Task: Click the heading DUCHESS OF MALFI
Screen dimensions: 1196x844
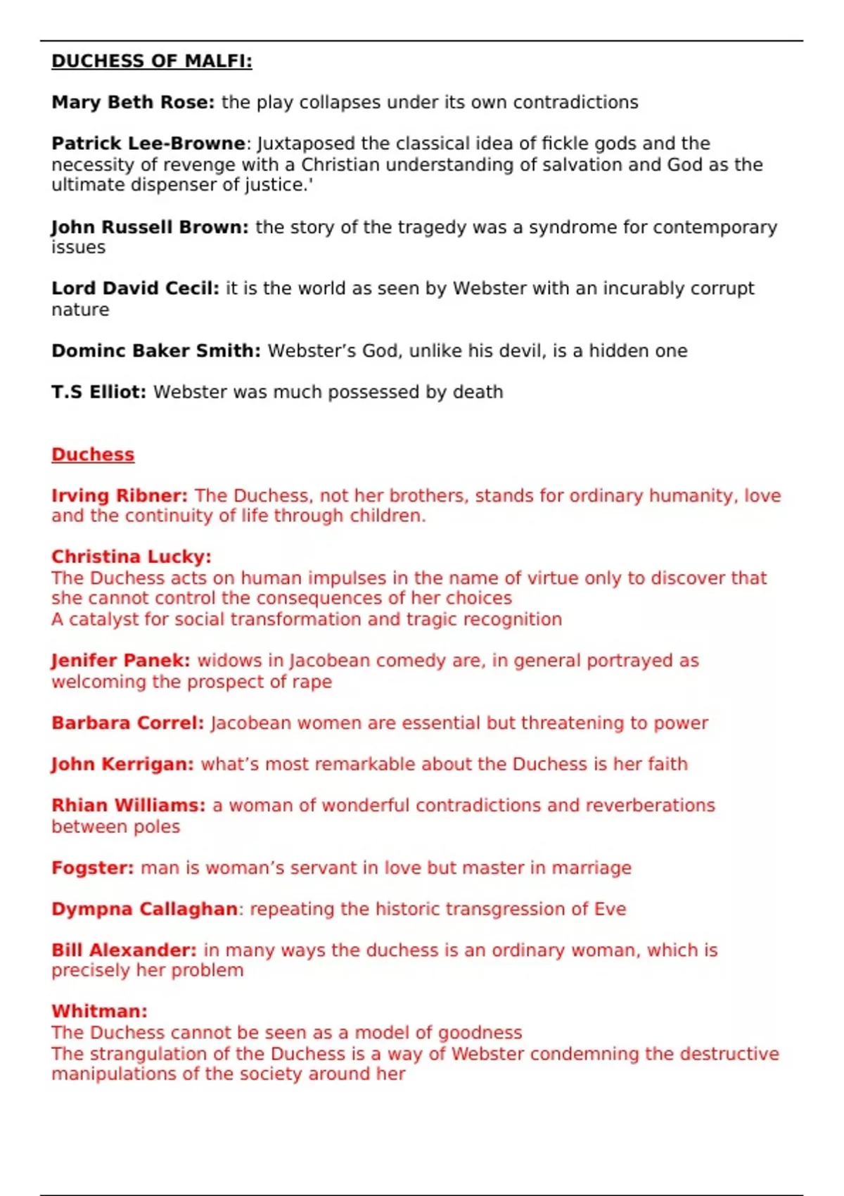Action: pyautogui.click(x=151, y=61)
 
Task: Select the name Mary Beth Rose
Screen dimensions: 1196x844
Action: pyautogui.click(x=132, y=103)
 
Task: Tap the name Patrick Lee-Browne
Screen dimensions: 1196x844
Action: pyautogui.click(x=148, y=144)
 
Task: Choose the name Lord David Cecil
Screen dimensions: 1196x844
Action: pyautogui.click(x=134, y=288)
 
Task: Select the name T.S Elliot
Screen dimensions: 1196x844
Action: pyautogui.click(x=98, y=392)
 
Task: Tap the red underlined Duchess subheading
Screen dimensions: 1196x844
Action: pyautogui.click(x=92, y=454)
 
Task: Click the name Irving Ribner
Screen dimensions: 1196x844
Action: pyautogui.click(x=119, y=495)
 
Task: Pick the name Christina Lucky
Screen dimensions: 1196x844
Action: pyautogui.click(x=131, y=556)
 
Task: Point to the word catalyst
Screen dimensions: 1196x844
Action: pyautogui.click(x=103, y=619)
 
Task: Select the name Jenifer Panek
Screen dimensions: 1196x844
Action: pyautogui.click(x=120, y=661)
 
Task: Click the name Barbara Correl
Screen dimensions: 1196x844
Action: pyautogui.click(x=127, y=723)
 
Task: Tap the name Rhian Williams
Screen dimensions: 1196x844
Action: pyautogui.click(x=128, y=805)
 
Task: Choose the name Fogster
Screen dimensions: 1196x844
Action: pyautogui.click(x=92, y=867)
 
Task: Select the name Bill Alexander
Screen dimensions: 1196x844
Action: pyautogui.click(x=124, y=950)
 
